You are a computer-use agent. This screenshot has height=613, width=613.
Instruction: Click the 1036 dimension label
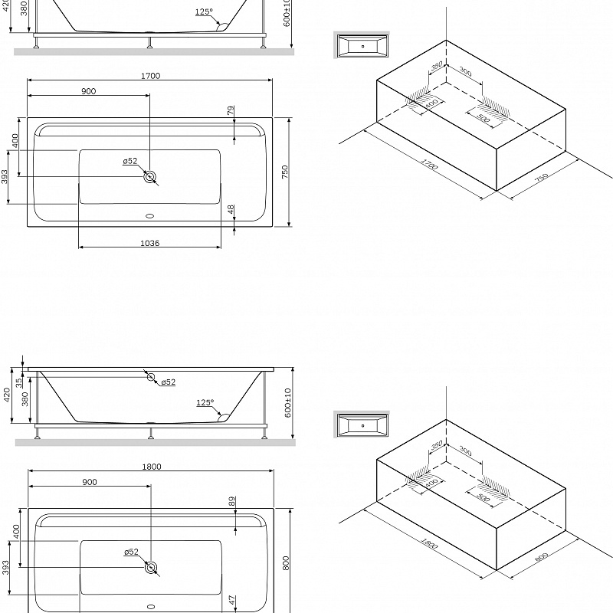click(x=149, y=244)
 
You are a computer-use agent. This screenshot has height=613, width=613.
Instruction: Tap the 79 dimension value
click(x=231, y=112)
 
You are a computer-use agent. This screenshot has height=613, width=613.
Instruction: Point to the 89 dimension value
click(x=231, y=501)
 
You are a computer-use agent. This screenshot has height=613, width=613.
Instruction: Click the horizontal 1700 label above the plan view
click(x=150, y=75)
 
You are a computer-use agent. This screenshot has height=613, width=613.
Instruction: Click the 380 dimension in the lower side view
click(x=25, y=398)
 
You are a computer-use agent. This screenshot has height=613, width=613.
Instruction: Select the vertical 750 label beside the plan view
click(x=285, y=172)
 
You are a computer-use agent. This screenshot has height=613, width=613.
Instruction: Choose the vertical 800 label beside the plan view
click(x=285, y=563)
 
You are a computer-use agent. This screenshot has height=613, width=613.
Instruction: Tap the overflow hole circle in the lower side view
click(x=151, y=378)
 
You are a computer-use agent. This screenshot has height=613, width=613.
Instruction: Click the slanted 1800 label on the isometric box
click(x=428, y=545)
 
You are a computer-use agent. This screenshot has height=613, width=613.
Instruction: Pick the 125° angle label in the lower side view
click(x=205, y=402)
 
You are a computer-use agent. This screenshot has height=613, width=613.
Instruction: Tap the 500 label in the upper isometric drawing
click(x=484, y=119)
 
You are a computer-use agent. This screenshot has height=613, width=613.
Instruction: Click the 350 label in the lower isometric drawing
click(x=438, y=446)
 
